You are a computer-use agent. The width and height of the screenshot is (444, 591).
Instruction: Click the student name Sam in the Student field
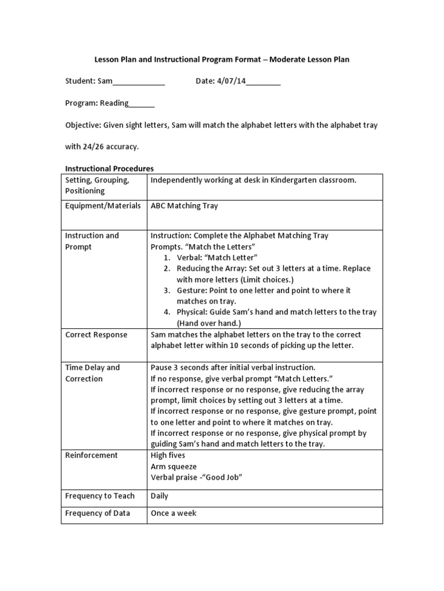tap(105, 81)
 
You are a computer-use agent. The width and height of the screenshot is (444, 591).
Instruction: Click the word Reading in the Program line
tap(114, 103)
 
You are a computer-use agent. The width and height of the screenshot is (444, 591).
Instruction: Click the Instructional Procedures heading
tap(109, 169)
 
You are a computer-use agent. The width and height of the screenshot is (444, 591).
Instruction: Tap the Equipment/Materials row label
tap(102, 206)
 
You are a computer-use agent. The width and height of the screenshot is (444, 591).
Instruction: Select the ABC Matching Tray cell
tap(184, 206)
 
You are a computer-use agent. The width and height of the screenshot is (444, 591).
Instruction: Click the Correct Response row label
tap(96, 335)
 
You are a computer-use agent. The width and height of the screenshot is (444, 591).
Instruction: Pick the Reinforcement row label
tap(91, 455)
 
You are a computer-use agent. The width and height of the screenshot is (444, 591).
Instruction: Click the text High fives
tap(168, 455)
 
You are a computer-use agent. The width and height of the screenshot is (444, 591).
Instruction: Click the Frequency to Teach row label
tap(99, 496)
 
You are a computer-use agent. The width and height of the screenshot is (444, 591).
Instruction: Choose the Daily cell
tap(160, 496)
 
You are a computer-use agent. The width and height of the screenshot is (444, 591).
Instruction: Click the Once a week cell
tap(173, 513)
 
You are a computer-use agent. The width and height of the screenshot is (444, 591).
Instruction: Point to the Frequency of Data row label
tap(97, 513)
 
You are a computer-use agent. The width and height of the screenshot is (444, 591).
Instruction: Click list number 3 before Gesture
tap(166, 290)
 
